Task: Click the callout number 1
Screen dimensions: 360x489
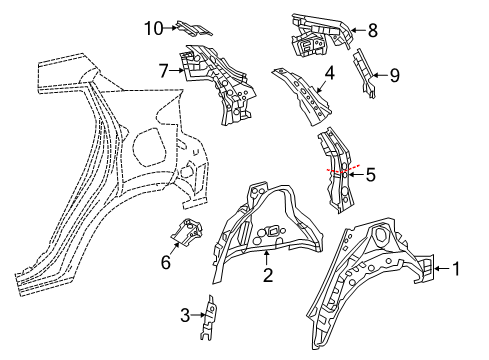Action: (x=457, y=268)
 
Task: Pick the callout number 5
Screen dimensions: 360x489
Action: (x=371, y=175)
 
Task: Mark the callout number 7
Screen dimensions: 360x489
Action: (x=164, y=70)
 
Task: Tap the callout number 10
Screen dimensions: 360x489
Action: (x=151, y=28)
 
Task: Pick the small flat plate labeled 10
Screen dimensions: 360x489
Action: (x=195, y=30)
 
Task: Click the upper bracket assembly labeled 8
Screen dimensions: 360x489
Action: (x=315, y=35)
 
